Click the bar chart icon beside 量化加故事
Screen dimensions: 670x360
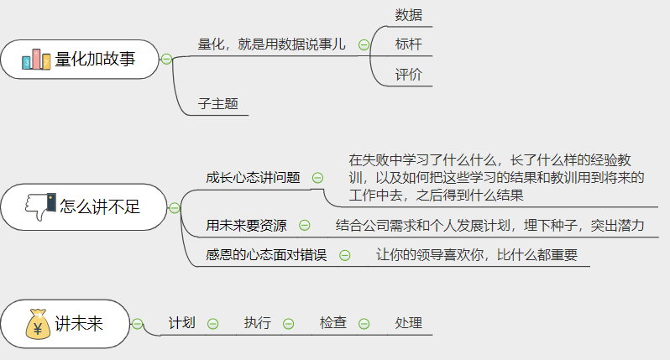point(36,59)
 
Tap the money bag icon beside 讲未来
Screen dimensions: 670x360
point(38,324)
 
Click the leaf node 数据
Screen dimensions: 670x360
point(408,15)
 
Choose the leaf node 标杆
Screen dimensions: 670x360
point(408,44)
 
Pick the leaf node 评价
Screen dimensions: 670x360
point(408,75)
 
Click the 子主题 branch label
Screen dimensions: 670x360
point(218,104)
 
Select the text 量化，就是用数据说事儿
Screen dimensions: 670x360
point(272,44)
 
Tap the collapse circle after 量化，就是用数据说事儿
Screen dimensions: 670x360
point(364,45)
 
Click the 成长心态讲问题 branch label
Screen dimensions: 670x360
point(253,177)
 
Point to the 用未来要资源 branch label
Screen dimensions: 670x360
point(246,225)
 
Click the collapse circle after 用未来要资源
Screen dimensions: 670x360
point(305,225)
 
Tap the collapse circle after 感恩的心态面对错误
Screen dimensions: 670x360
point(344,254)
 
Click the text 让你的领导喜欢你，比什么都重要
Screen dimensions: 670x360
point(477,254)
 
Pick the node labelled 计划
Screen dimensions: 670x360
point(182,322)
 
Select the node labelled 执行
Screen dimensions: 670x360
point(258,322)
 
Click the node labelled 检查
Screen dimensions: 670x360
point(333,322)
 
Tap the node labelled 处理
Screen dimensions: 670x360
point(408,322)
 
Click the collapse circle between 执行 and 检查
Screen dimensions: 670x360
point(289,323)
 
